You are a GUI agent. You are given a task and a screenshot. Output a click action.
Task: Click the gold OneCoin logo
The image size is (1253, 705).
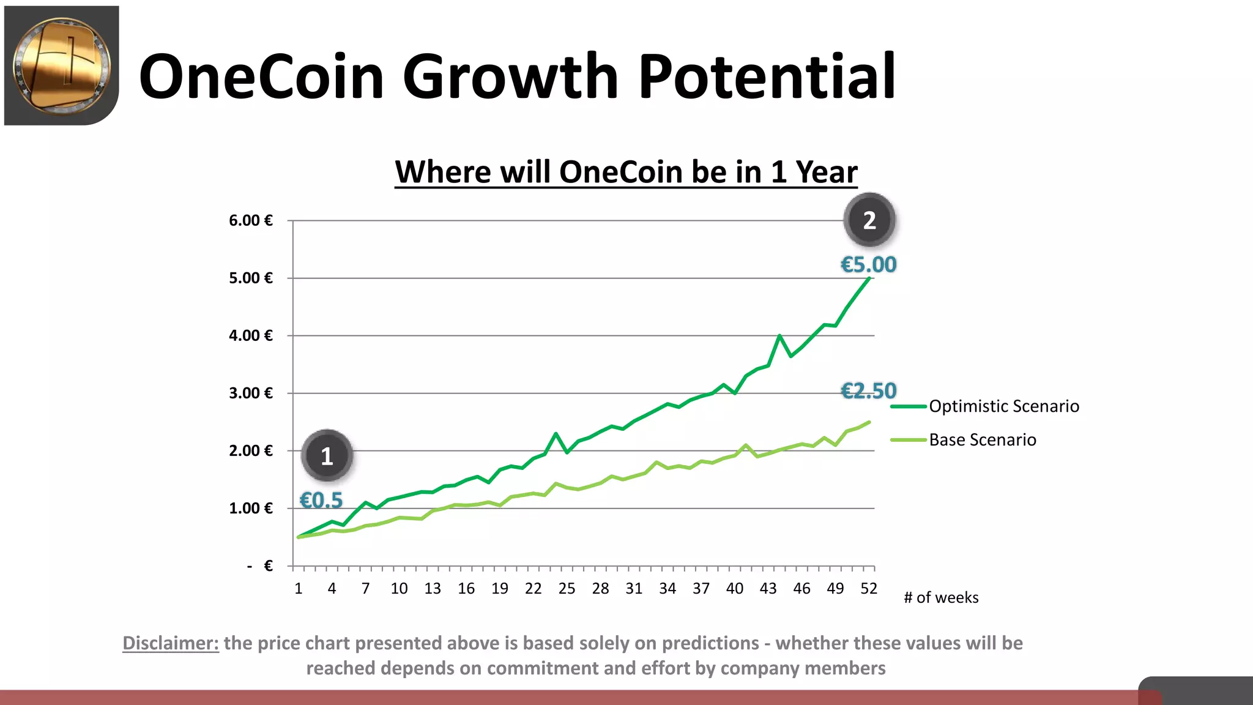[61, 65]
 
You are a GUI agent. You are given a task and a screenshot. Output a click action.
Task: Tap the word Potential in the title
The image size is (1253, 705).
[767, 76]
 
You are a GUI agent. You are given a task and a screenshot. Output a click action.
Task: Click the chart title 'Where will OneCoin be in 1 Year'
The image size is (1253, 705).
[625, 172]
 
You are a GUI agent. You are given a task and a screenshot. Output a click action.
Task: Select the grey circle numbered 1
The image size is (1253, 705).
[327, 456]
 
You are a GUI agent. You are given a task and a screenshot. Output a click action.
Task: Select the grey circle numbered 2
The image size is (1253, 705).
[869, 220]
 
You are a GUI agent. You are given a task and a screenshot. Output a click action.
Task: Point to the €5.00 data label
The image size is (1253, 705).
[868, 264]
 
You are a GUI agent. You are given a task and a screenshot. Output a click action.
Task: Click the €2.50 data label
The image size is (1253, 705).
[868, 390]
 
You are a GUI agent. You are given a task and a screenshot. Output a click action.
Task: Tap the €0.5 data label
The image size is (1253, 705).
[321, 500]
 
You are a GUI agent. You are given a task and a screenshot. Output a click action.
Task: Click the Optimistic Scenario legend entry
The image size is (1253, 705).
[1003, 406]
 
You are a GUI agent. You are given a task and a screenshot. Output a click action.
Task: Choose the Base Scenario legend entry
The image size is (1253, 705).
[982, 440]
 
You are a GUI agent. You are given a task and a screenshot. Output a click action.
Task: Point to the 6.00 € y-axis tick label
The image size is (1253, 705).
[251, 220]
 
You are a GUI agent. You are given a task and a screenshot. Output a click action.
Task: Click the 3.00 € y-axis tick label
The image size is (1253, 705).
[251, 393]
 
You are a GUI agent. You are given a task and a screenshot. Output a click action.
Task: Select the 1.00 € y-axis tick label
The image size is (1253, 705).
[251, 508]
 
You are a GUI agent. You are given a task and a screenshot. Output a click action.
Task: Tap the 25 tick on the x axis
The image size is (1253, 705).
[567, 589]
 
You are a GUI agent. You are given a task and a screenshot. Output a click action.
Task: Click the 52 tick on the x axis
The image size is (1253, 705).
[868, 589]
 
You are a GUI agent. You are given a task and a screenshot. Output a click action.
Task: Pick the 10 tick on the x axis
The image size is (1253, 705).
[399, 589]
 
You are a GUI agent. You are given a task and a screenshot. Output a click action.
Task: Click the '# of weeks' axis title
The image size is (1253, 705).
[941, 598]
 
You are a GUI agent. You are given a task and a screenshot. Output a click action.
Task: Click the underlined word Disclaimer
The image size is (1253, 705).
[171, 643]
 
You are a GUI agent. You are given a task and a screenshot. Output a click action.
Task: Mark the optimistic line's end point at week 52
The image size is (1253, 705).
[869, 278]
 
